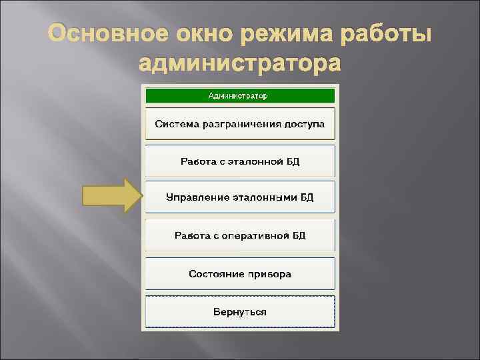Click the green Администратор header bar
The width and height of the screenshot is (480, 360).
[239, 95]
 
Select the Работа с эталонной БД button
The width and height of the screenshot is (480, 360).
[239, 161]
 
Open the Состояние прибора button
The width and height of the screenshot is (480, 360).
[239, 273]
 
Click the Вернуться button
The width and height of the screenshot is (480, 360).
[239, 311]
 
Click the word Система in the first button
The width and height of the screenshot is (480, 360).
[175, 123]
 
